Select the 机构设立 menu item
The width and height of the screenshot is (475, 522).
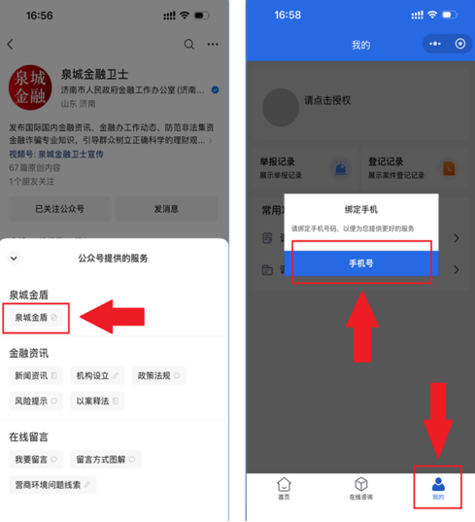coord(96,375)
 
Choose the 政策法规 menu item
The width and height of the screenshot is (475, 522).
coord(158,375)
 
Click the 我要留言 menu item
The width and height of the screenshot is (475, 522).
coord(35,459)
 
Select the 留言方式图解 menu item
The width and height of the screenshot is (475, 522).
coord(106,459)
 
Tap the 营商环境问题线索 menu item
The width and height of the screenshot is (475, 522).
coord(52,484)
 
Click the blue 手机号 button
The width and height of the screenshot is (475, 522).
coord(361,263)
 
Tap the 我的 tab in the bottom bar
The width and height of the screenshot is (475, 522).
coord(438,488)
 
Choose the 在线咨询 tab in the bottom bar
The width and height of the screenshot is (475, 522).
coord(360,488)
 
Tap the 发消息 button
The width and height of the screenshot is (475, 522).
coord(166,209)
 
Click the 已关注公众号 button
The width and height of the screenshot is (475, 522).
coord(59,209)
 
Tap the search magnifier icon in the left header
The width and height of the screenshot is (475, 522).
coord(188,45)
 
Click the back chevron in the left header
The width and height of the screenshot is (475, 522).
coord(12,45)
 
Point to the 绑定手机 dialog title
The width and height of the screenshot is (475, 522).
coord(361,209)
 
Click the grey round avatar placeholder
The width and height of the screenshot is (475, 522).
coord(282,107)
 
